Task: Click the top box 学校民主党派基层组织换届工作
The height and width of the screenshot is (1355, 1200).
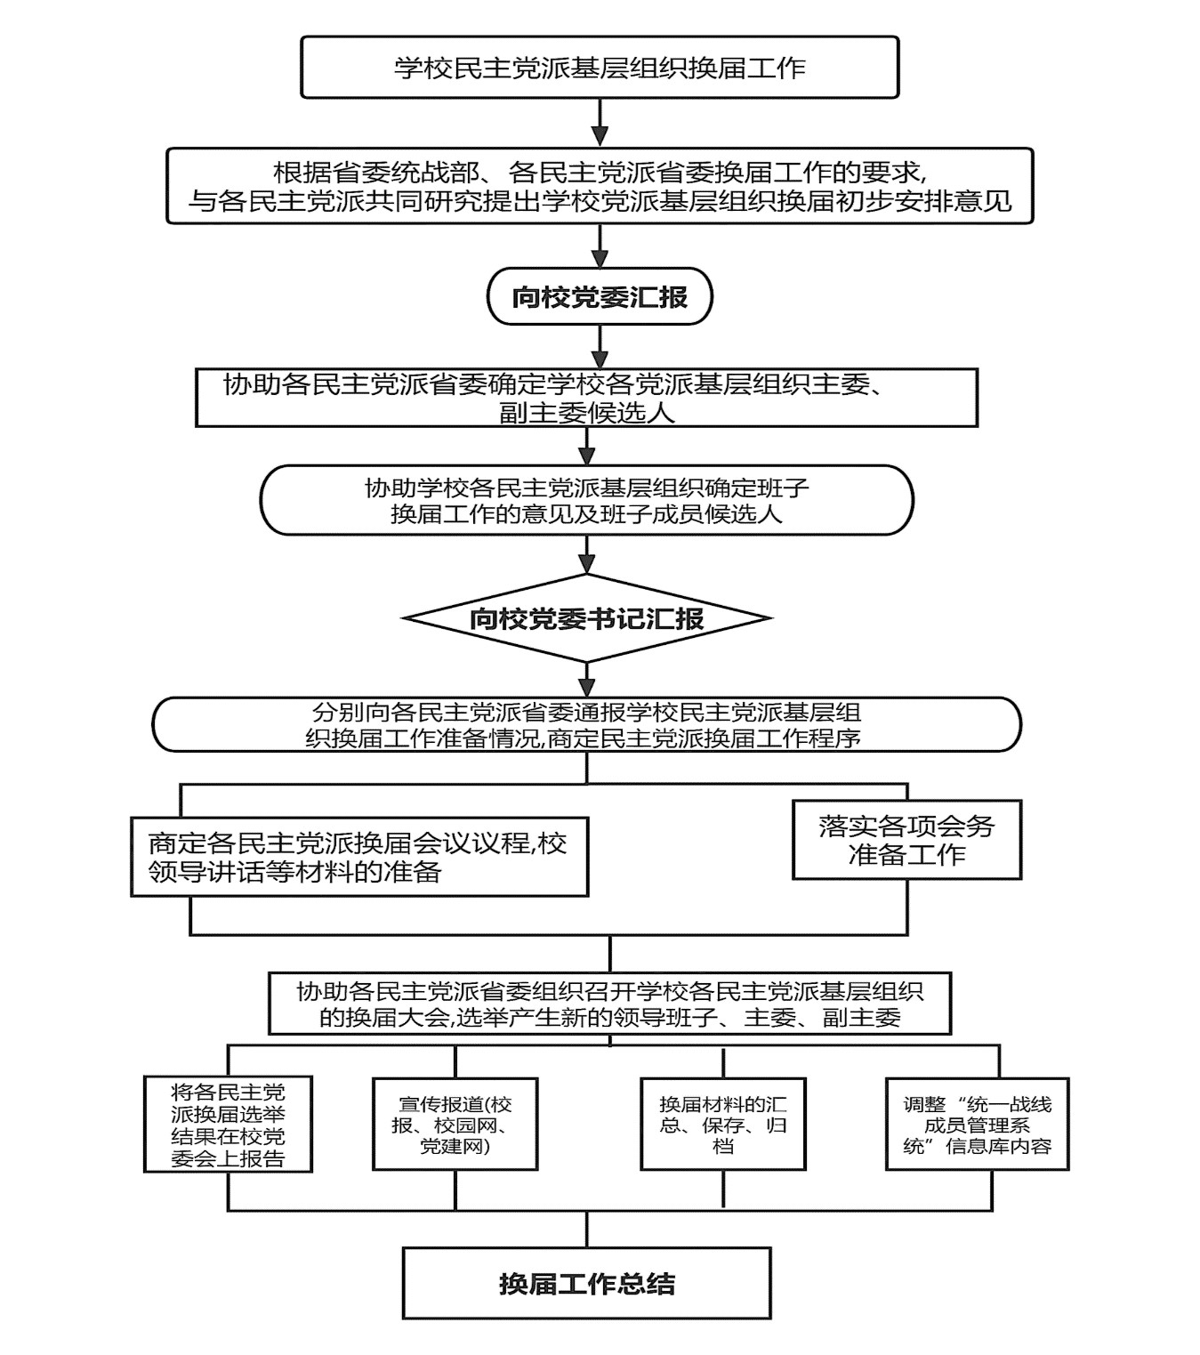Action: (600, 68)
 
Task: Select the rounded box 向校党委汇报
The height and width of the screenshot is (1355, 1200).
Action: (600, 296)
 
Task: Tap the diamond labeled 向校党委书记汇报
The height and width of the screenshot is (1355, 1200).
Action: (586, 618)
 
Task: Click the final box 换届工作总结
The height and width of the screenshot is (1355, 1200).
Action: (586, 1283)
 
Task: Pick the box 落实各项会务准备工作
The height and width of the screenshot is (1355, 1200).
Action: (906, 840)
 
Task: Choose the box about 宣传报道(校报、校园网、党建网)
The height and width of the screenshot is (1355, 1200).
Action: (455, 1125)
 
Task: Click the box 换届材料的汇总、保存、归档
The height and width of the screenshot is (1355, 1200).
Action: (722, 1125)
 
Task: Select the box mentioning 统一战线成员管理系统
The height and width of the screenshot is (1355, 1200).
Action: (977, 1125)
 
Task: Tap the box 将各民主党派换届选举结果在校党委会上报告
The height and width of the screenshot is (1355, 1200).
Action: (228, 1125)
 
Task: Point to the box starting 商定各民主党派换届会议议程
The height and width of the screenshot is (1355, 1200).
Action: (358, 856)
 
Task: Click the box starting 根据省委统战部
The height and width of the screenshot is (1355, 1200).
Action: (600, 186)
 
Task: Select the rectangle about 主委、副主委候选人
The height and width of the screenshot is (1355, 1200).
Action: (586, 399)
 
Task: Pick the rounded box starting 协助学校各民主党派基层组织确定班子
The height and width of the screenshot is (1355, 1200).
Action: (586, 500)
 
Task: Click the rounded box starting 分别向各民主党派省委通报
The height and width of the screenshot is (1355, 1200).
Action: (586, 725)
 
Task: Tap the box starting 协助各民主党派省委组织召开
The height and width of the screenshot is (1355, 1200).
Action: (609, 1003)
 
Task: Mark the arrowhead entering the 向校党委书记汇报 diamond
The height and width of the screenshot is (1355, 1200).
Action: (586, 565)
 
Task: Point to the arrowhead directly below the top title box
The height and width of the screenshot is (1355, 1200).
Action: (600, 136)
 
